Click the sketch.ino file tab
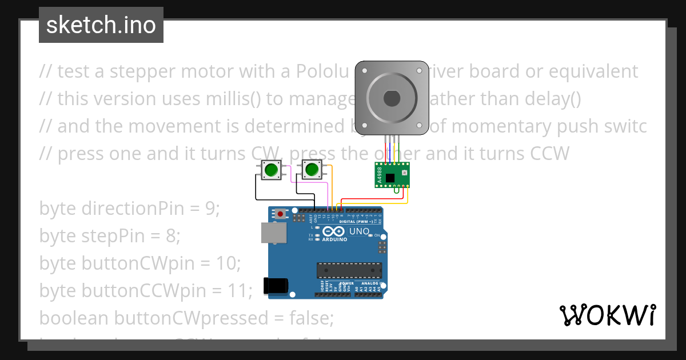(x=101, y=25)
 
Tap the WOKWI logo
(x=607, y=315)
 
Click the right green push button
(x=311, y=170)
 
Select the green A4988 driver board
(x=392, y=175)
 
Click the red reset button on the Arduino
(x=280, y=214)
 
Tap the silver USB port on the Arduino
(x=274, y=233)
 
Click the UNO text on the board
(x=358, y=231)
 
